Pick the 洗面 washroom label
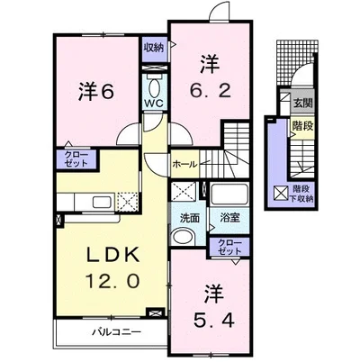[x=188, y=219]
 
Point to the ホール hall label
[x=185, y=164]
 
